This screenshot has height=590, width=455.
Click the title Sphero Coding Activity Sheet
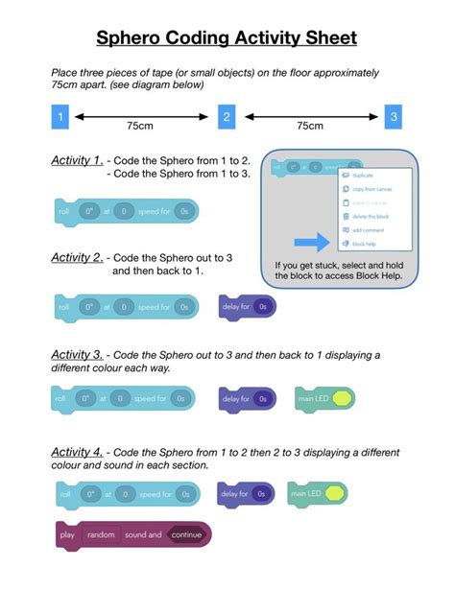(227, 37)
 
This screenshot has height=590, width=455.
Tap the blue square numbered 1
(60, 117)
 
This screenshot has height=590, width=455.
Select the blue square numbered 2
(227, 117)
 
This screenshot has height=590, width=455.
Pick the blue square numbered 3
(394, 117)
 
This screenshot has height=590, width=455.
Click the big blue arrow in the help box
(312, 243)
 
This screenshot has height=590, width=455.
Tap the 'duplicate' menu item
(364, 177)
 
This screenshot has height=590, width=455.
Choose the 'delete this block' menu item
(370, 217)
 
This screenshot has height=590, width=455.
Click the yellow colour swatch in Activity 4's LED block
(336, 495)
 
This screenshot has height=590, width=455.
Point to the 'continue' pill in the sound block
(186, 534)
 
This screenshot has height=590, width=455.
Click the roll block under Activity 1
(124, 211)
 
